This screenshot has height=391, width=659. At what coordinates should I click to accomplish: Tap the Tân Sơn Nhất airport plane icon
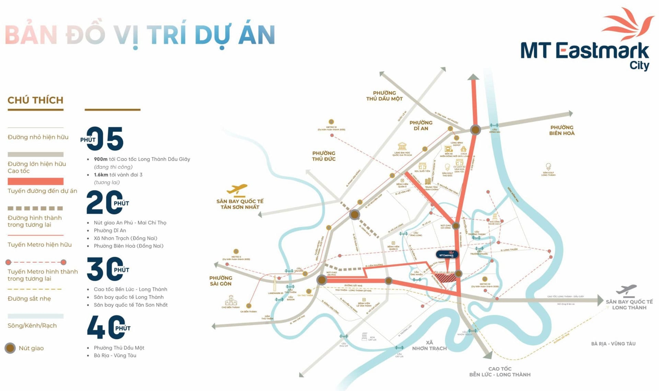tap(237, 189)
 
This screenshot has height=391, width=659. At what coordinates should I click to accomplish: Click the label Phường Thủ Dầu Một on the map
tap(384, 96)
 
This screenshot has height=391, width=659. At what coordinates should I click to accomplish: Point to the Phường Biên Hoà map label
tap(562, 130)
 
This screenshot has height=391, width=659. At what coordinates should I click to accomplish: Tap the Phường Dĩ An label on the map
tap(421, 126)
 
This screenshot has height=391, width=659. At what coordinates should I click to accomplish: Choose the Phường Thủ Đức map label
tap(324, 156)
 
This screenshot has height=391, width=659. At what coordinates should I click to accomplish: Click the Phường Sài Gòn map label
tap(221, 281)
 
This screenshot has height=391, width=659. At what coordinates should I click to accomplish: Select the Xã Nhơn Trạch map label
tap(429, 345)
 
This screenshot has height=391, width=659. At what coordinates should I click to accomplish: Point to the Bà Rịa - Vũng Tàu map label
tap(613, 344)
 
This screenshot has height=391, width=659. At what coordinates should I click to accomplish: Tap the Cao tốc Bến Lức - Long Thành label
tap(500, 372)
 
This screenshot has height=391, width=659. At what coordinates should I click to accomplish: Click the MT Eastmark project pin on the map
tap(447, 255)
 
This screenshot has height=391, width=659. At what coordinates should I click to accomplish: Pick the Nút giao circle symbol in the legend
tap(10, 348)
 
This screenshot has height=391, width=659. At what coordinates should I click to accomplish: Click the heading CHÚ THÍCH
tap(35, 100)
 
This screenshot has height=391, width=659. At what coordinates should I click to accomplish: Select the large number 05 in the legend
tap(105, 139)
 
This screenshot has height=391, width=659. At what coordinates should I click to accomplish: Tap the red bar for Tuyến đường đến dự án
tap(35, 181)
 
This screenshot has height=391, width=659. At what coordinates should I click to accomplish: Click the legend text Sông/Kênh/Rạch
tap(32, 325)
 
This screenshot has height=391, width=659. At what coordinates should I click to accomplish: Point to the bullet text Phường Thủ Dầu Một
tap(119, 348)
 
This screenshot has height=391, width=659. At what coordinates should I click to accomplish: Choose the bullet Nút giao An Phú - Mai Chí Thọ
tap(130, 223)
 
